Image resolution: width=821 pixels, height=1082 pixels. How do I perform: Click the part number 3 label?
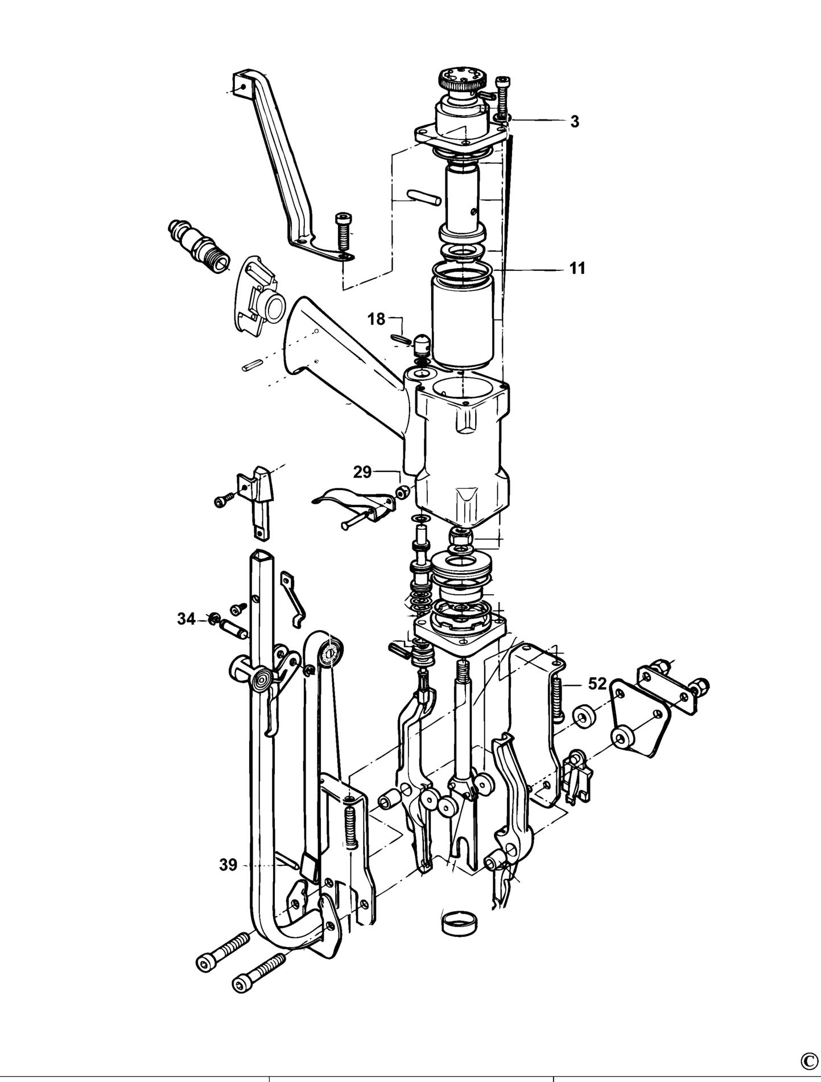coord(575,121)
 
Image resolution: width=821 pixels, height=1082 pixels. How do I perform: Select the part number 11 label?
coord(577,268)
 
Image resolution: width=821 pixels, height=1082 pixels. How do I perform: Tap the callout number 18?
coord(377,319)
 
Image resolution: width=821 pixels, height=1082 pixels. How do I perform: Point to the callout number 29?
coord(362,472)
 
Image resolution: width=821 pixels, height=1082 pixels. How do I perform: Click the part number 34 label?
coord(186,619)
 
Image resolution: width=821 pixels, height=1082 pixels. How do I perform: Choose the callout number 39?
coord(228,881)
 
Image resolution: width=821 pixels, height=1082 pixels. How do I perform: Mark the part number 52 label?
coord(597,684)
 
